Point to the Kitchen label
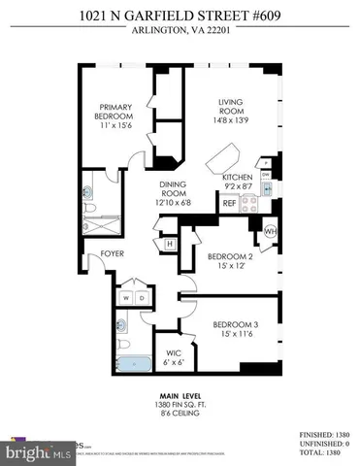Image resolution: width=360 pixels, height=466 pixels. point(238,179)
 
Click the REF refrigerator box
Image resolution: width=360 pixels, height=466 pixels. point(229,204)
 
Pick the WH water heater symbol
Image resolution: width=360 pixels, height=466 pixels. point(269,232)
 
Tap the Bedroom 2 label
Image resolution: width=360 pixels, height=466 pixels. point(229,260)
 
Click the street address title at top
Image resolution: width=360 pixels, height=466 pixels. point(180,13)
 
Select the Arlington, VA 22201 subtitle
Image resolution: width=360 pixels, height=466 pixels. point(180,28)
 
